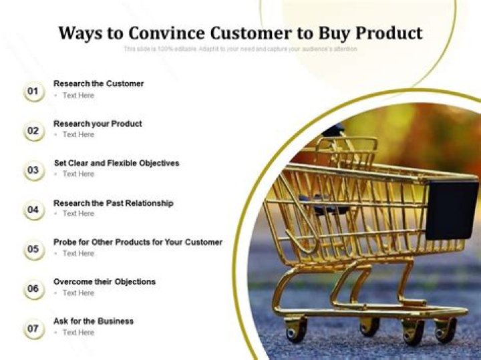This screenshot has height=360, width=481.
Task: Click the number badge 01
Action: (x=33, y=91)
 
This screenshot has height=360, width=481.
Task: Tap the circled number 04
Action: (x=33, y=210)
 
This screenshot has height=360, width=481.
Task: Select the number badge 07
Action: (x=33, y=329)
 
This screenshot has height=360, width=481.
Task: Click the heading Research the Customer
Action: (x=98, y=83)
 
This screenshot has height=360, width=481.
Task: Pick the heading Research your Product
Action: (x=98, y=124)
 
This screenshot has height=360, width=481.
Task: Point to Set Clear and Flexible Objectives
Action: (x=116, y=163)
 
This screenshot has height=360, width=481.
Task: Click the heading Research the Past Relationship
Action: (x=113, y=202)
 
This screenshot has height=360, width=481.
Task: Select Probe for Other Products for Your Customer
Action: (x=138, y=242)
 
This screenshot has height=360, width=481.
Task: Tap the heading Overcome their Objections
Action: (x=104, y=281)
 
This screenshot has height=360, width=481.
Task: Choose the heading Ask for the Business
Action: (x=93, y=321)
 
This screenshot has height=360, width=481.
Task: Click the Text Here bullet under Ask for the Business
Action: (x=78, y=333)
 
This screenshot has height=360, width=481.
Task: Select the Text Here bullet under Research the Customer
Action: (x=78, y=96)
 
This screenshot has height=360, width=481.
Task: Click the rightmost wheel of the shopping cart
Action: (x=444, y=330)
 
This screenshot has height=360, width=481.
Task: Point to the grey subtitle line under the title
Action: (x=240, y=49)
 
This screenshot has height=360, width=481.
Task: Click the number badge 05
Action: (x=33, y=250)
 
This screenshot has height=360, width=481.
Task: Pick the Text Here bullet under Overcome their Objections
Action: (x=78, y=293)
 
